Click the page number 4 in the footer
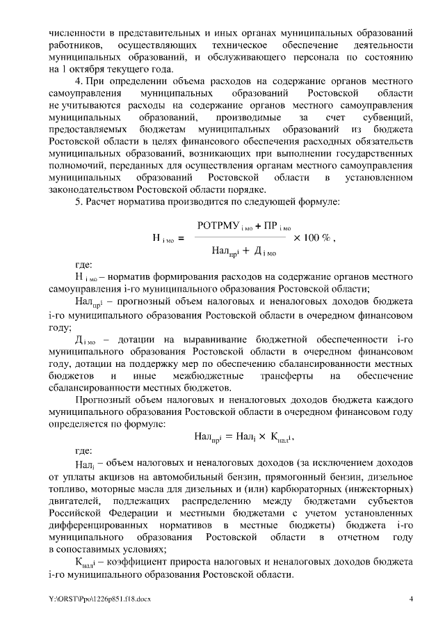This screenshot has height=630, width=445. pos(410,599)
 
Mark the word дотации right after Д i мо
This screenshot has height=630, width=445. pos(141,339)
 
